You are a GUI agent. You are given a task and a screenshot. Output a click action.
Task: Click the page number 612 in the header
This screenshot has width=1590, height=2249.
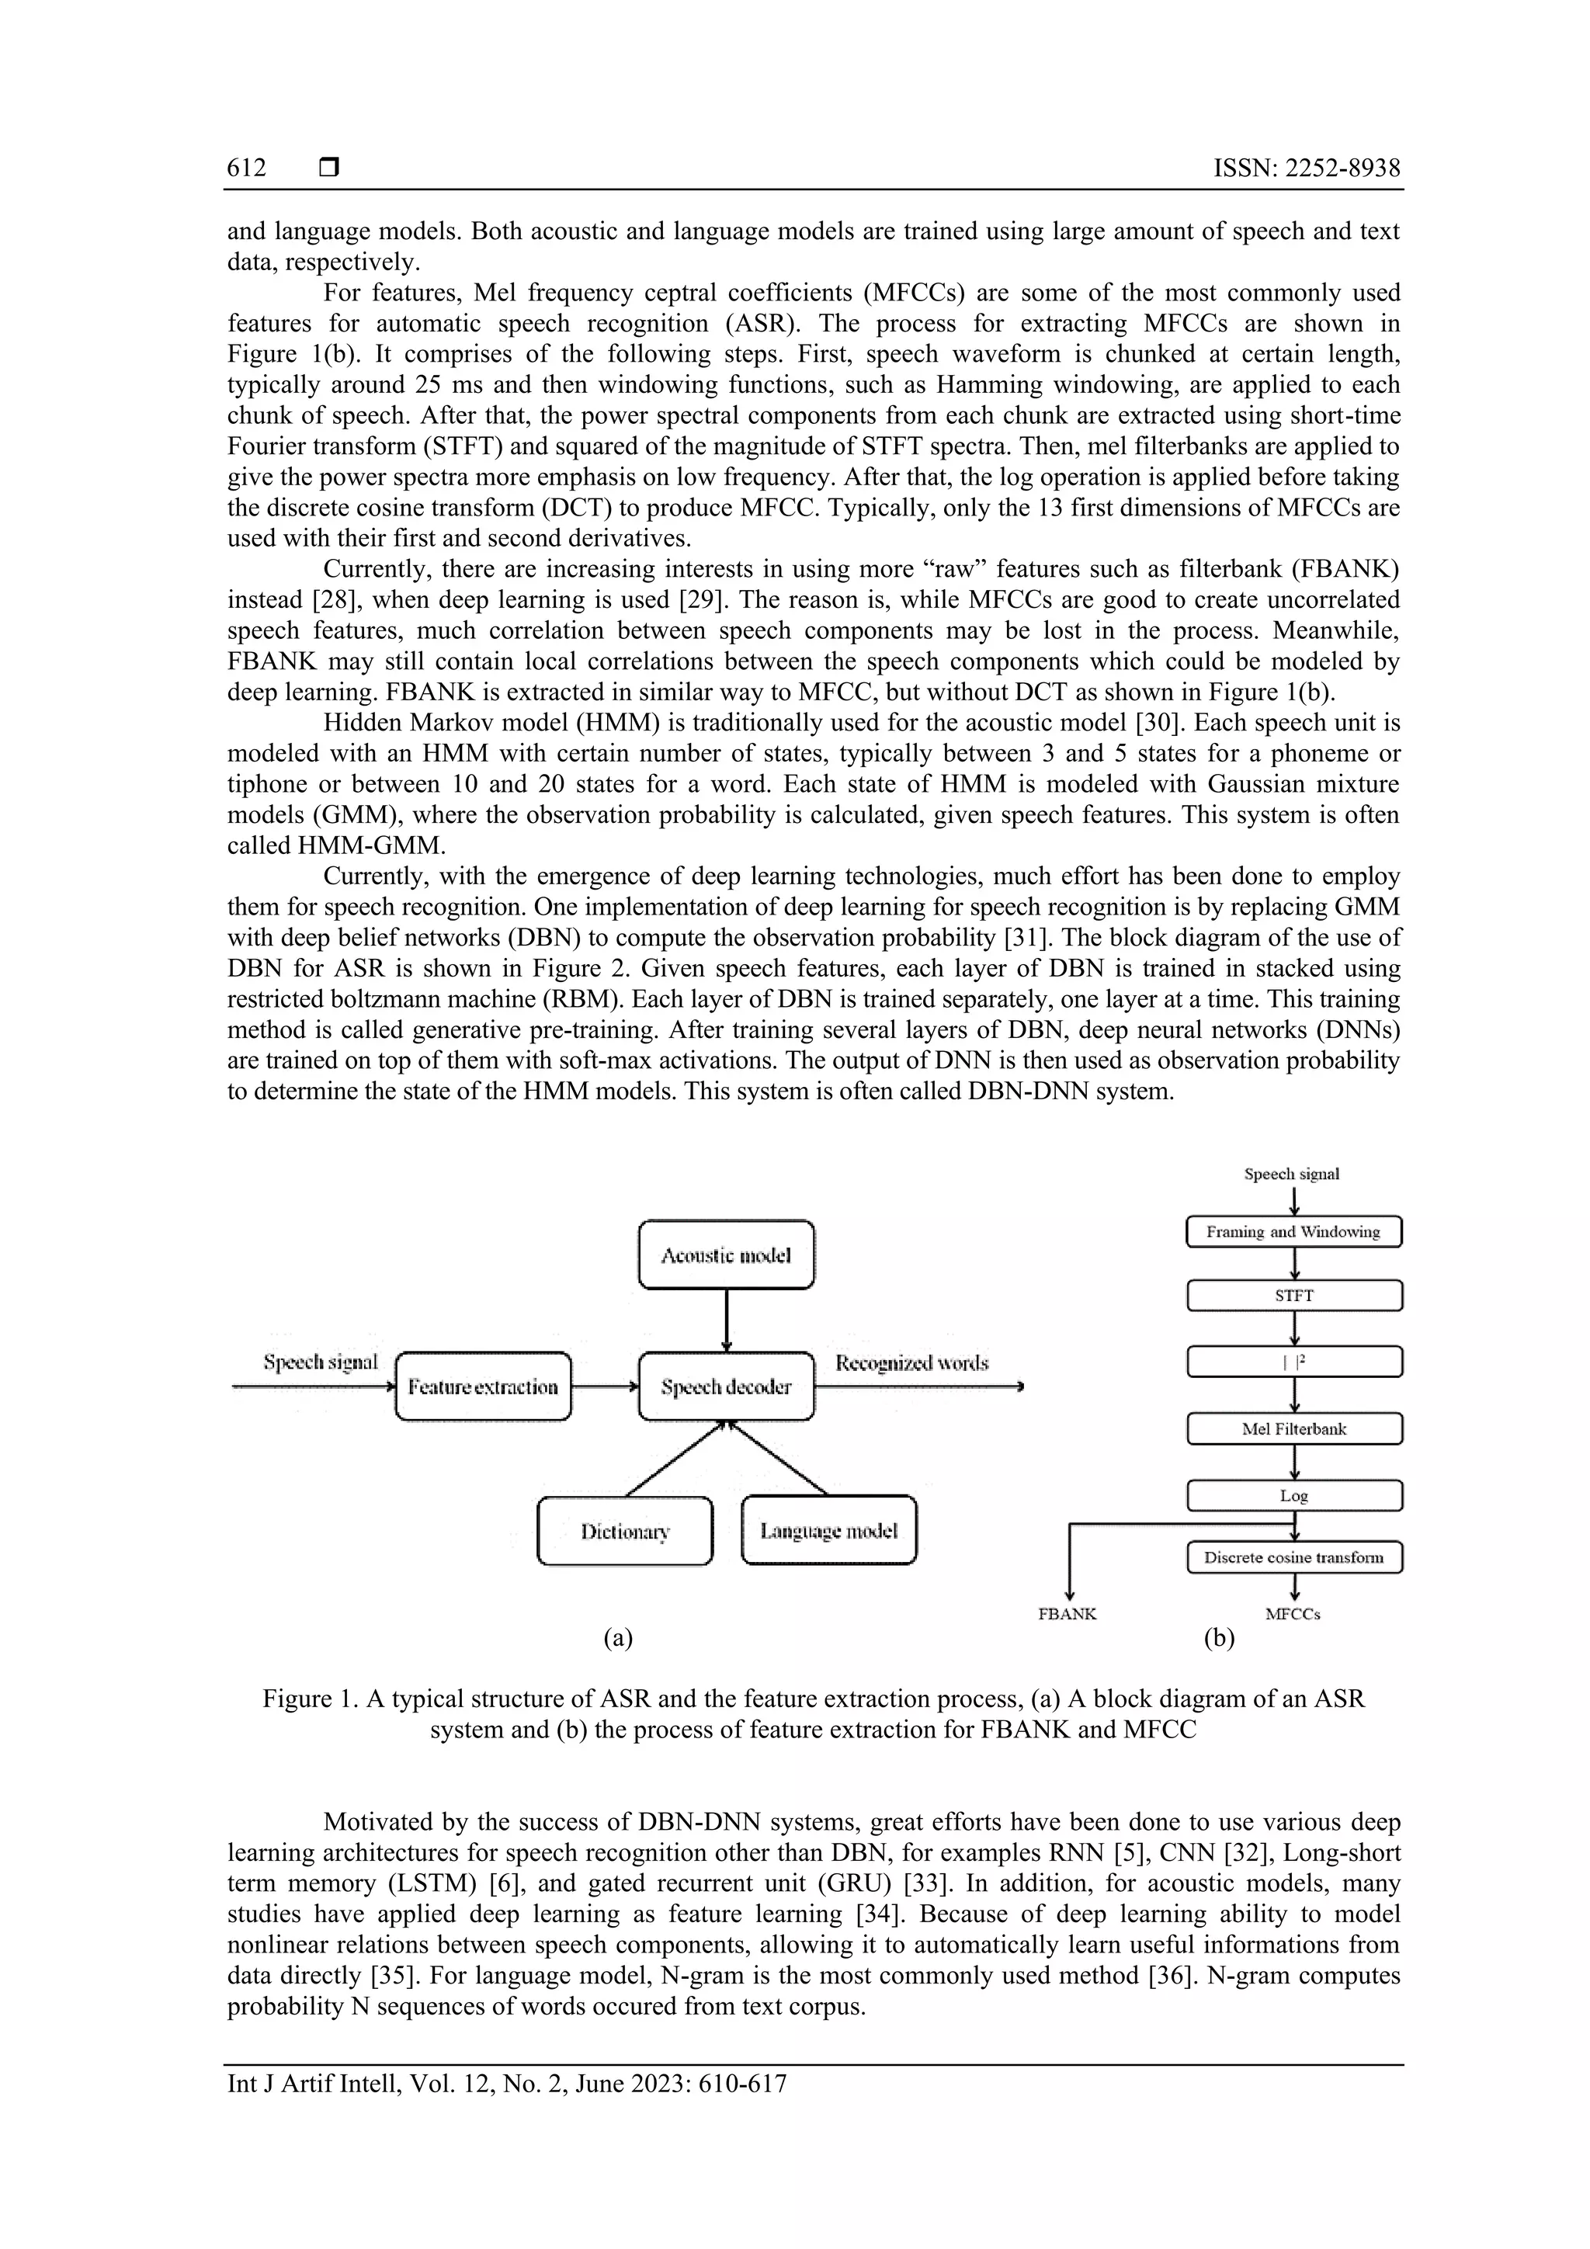tap(246, 168)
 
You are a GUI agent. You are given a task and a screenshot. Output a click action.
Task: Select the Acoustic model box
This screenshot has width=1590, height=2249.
tap(726, 1255)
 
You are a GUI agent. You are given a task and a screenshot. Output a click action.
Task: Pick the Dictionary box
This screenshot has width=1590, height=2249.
tap(625, 1531)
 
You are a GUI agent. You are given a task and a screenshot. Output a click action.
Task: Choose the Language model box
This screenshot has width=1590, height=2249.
tap(829, 1531)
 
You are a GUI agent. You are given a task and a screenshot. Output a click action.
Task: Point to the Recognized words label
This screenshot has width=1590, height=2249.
tap(911, 1362)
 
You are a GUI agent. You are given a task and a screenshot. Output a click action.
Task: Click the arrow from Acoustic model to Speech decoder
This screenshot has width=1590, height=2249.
tap(726, 1320)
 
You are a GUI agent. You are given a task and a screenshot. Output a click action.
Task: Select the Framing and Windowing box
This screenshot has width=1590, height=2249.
tap(1293, 1232)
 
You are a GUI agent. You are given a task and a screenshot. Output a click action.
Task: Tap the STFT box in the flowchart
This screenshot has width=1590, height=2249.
tap(1293, 1296)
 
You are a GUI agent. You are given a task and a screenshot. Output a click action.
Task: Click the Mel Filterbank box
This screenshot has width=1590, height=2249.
tap(1293, 1429)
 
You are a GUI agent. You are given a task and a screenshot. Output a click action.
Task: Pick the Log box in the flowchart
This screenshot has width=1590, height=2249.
tap(1293, 1496)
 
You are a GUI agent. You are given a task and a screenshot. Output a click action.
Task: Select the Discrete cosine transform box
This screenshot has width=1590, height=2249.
tap(1293, 1557)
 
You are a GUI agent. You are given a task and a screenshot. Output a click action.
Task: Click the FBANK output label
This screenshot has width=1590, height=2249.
tap(1067, 1614)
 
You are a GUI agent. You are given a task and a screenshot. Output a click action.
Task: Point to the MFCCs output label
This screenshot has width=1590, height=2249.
tap(1292, 1614)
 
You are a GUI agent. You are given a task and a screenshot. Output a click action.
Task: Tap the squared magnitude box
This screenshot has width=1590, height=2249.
tap(1293, 1362)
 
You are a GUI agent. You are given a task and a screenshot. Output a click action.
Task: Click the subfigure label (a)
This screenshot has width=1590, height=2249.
tap(618, 1638)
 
